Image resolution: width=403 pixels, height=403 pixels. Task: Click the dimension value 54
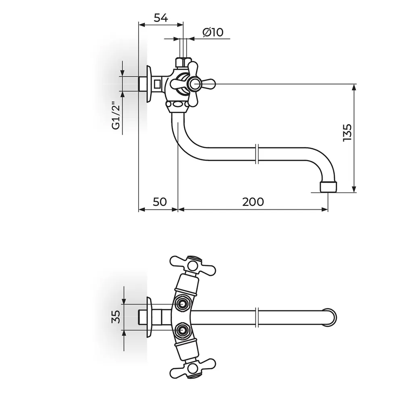[x=161, y=18]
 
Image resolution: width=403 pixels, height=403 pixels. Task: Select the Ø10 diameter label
[x=213, y=32]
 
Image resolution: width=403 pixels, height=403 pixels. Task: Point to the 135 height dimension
[x=347, y=132]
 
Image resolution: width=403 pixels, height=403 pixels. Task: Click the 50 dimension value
[x=160, y=202]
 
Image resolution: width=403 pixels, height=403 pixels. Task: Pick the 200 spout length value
[x=253, y=202]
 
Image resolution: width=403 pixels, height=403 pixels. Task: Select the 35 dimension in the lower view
[x=116, y=317]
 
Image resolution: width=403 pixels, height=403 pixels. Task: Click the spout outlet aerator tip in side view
[x=328, y=187]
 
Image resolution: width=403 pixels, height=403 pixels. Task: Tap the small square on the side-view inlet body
[x=157, y=83]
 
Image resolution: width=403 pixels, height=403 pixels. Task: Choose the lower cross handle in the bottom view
[x=193, y=369]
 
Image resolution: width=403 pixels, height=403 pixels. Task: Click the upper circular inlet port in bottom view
[x=182, y=304]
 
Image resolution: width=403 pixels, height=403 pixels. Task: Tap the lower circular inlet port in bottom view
[x=182, y=329]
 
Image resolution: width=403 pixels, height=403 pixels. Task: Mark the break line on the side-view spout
[x=257, y=154]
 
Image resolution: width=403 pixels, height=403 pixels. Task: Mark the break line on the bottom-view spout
[x=257, y=317]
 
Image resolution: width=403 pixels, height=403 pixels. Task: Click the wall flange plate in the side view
[x=149, y=84]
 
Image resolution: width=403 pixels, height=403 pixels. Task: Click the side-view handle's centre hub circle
[x=195, y=84]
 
